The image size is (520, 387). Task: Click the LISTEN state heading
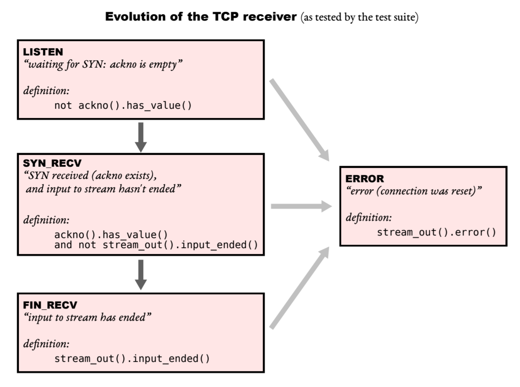click(43, 52)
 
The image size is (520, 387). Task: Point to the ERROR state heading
click(365, 179)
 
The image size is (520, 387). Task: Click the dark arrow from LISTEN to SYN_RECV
click(141, 137)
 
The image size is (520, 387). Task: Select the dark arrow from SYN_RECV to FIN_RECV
click(141, 274)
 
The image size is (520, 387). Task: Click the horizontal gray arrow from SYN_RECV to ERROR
click(301, 206)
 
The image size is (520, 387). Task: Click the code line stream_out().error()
click(436, 232)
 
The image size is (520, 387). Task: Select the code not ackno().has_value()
click(123, 105)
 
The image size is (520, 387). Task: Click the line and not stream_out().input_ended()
click(156, 244)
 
